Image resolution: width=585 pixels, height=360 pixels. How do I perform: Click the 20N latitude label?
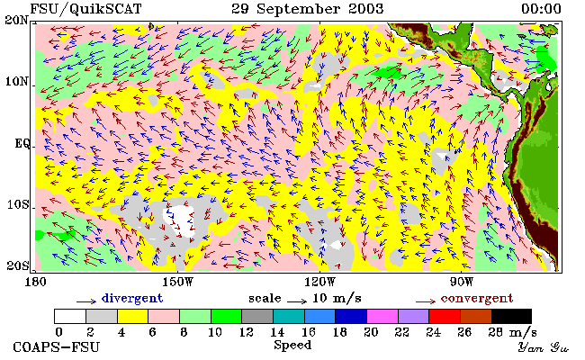(x=17, y=20)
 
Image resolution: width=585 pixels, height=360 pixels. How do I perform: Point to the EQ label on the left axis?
(x=22, y=144)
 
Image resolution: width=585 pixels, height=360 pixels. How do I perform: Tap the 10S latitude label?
(x=18, y=204)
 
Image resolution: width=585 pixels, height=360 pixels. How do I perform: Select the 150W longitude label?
(x=179, y=282)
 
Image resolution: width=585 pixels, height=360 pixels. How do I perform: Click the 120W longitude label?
(x=320, y=282)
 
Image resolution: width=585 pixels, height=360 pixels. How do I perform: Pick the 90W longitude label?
(x=462, y=282)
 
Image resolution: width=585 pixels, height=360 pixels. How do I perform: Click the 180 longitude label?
(x=35, y=282)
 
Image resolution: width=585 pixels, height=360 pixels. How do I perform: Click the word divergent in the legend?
(x=132, y=299)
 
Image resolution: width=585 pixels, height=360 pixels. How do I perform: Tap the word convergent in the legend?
(x=477, y=299)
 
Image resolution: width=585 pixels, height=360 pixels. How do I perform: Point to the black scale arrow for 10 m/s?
(x=297, y=301)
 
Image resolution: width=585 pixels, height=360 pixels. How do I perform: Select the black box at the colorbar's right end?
(x=511, y=317)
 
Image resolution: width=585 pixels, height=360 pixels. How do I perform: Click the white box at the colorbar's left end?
(x=70, y=317)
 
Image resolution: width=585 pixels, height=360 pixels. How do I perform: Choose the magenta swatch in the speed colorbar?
(x=382, y=317)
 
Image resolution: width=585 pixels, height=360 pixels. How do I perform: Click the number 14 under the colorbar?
(x=277, y=331)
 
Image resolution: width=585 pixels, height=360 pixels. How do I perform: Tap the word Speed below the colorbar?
(x=292, y=345)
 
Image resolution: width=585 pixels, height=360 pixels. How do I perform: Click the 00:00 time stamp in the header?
(x=541, y=9)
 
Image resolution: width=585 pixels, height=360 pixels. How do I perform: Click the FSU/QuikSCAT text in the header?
(x=85, y=9)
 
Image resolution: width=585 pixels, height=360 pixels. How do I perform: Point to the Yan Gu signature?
(x=543, y=347)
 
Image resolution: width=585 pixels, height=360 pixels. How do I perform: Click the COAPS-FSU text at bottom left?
(x=57, y=347)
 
